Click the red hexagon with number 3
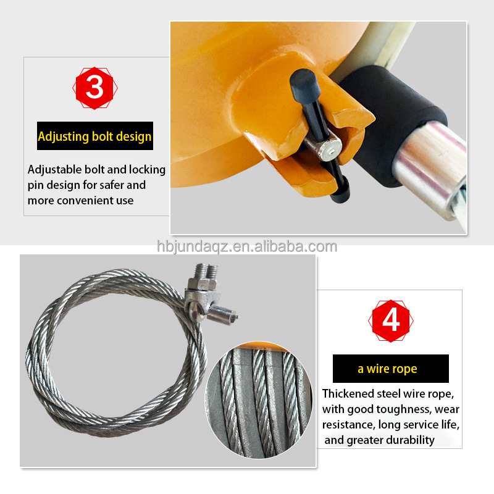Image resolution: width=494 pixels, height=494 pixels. pyautogui.click(x=94, y=88)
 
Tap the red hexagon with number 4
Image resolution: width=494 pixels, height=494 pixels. pyautogui.click(x=391, y=320)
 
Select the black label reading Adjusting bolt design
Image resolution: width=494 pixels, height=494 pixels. pyautogui.click(x=94, y=136)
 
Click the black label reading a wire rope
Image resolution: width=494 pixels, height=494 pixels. pyautogui.click(x=390, y=369)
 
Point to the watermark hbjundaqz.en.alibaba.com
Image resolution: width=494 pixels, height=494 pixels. pyautogui.click(x=247, y=247)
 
